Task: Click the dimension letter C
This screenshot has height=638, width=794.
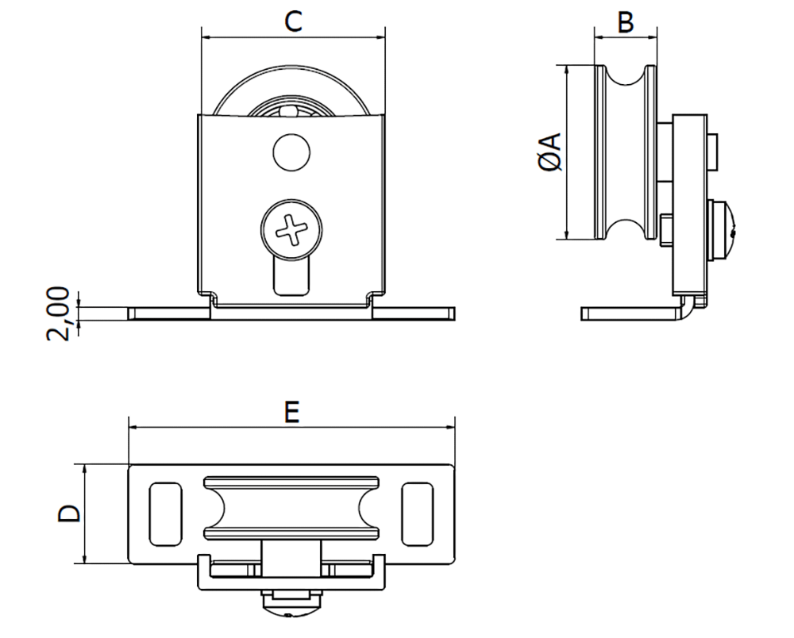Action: click(293, 21)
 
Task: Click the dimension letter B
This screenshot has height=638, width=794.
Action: click(626, 22)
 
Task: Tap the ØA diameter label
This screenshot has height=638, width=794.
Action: click(550, 152)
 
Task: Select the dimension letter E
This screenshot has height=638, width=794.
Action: click(291, 412)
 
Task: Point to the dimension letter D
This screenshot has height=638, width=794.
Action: click(70, 513)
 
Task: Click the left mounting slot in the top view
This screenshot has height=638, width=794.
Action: click(165, 514)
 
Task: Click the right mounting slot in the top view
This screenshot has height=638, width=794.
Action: click(418, 514)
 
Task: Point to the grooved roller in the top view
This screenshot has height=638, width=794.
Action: click(291, 509)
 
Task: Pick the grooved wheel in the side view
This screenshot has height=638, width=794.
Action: click(626, 151)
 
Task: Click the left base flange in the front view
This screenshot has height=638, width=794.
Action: click(168, 313)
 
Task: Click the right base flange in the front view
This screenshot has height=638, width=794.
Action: click(415, 313)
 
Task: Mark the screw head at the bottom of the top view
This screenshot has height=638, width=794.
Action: click(291, 603)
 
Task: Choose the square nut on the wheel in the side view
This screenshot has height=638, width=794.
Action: click(666, 229)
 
